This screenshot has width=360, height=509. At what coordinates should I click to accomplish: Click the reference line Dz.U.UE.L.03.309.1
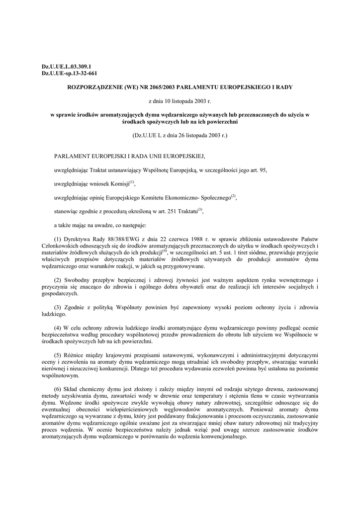click(67, 66)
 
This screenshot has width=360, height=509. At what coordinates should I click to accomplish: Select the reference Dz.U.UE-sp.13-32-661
click(70, 73)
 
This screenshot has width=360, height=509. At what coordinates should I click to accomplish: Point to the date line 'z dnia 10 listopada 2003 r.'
click(180, 101)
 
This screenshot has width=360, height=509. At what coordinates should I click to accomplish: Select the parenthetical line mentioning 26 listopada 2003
click(180, 135)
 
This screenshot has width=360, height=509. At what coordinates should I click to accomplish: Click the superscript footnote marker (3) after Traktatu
click(200, 209)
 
